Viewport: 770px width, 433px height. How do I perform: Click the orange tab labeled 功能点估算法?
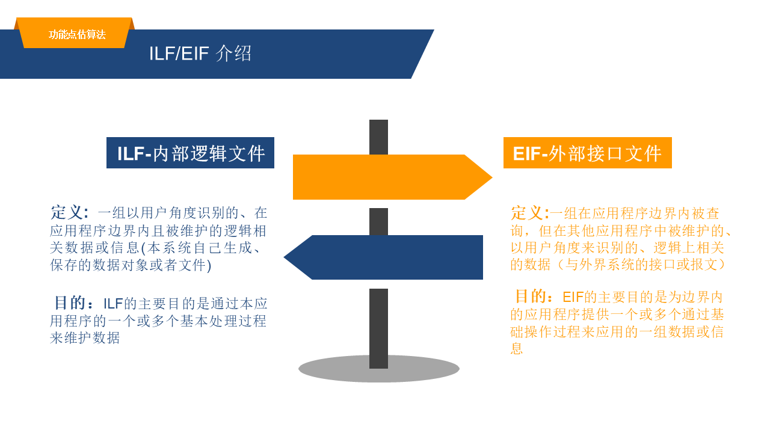click(x=77, y=34)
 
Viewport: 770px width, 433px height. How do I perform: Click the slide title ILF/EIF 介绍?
click(x=200, y=54)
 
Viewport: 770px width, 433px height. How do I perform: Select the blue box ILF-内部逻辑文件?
click(x=190, y=153)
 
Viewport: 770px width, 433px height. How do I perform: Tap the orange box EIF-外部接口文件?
click(x=587, y=153)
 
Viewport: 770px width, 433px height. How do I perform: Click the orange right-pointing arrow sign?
click(x=385, y=177)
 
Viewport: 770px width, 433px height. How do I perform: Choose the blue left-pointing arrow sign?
click(x=391, y=257)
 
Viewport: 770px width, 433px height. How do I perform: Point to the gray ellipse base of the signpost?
click(x=337, y=369)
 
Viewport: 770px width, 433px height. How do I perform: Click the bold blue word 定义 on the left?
click(x=68, y=212)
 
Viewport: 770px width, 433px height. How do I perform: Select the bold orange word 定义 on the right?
click(x=528, y=213)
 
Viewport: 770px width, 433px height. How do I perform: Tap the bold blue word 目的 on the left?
click(x=72, y=302)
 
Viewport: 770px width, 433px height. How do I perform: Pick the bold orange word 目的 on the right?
click(x=531, y=296)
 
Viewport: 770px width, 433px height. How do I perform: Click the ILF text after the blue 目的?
click(x=113, y=304)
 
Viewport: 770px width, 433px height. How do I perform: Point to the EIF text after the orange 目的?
click(x=573, y=297)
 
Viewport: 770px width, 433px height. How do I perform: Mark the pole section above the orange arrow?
click(x=378, y=137)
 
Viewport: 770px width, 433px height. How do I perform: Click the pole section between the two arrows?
click(x=378, y=221)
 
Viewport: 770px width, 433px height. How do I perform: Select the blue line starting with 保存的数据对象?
click(x=131, y=265)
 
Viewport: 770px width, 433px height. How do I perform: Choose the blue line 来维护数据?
click(x=85, y=338)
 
